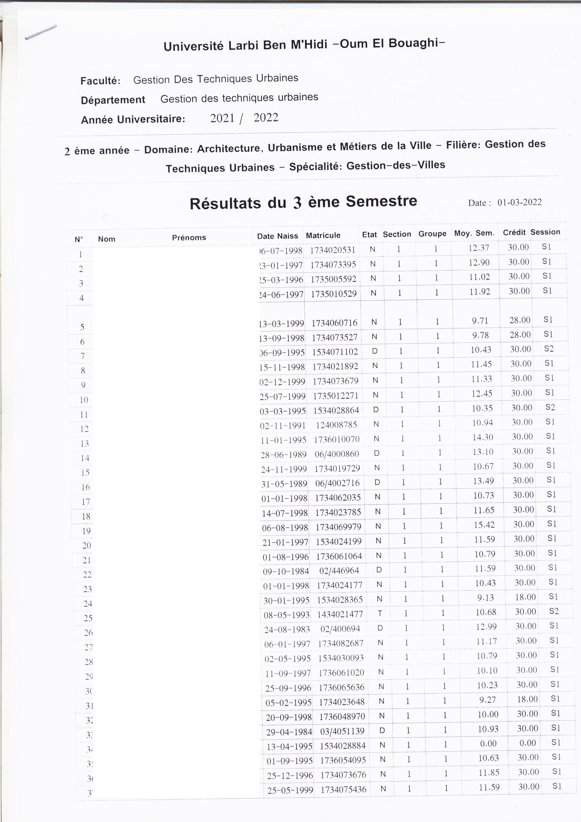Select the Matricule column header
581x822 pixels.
[323, 235]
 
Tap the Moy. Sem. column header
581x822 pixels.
[474, 233]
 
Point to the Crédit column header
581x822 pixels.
[514, 232]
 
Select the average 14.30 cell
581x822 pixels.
[483, 437]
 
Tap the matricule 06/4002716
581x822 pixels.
[337, 483]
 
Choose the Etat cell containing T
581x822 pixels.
[380, 614]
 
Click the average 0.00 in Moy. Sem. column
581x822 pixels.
[488, 743]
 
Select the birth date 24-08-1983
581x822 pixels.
[287, 629]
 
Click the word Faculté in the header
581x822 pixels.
[100, 81]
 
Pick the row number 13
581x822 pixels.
[84, 443]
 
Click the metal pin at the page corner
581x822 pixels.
[41, 32]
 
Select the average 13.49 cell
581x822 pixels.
[483, 481]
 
